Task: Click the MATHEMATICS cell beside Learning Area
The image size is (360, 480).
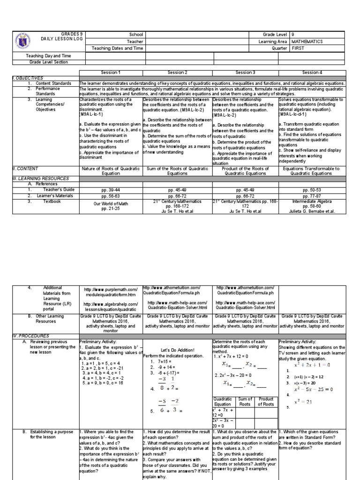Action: (x=307, y=41)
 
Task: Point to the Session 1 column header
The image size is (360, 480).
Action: (x=111, y=73)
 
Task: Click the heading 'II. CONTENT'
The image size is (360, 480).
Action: (x=25, y=168)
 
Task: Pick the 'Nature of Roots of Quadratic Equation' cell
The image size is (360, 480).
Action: (x=111, y=170)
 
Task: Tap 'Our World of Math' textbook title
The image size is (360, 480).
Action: (x=111, y=203)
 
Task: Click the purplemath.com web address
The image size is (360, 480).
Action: (x=111, y=290)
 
